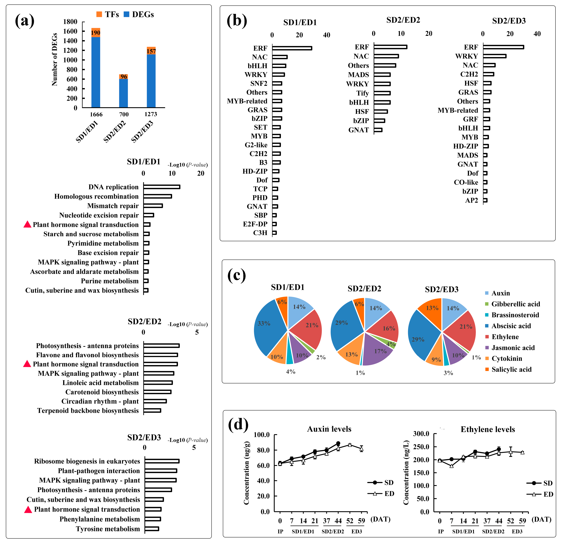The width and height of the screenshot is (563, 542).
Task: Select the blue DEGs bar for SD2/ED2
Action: tap(124, 93)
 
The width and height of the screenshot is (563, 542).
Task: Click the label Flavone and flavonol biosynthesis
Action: tap(87, 355)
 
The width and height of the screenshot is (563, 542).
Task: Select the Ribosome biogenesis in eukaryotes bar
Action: tap(162, 461)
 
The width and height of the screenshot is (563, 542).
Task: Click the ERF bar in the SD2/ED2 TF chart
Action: tap(390, 47)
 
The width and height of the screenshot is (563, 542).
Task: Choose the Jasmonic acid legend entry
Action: tap(513, 348)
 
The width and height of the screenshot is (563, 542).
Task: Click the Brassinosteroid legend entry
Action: tap(515, 315)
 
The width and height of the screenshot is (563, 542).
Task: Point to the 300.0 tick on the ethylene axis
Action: tap(421, 434)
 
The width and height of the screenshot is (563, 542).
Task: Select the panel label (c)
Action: tap(237, 276)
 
